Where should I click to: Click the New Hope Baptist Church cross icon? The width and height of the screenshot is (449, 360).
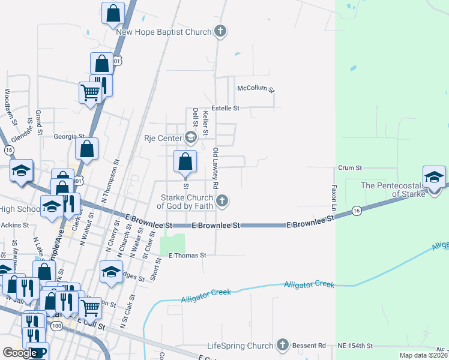point(220,32)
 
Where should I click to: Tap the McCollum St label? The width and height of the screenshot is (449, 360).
point(256,88)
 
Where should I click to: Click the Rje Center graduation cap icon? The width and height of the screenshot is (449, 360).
point(191,139)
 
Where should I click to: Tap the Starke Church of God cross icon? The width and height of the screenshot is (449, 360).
point(222,201)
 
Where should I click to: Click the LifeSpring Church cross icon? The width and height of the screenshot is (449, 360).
point(282,346)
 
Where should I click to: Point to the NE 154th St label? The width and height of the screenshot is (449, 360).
point(355,346)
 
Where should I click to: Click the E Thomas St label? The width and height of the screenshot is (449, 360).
point(187,255)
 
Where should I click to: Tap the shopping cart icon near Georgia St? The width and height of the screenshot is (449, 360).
point(90,93)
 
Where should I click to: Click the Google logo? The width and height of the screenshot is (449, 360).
point(20,353)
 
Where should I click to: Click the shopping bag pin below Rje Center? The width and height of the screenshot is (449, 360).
point(185,161)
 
